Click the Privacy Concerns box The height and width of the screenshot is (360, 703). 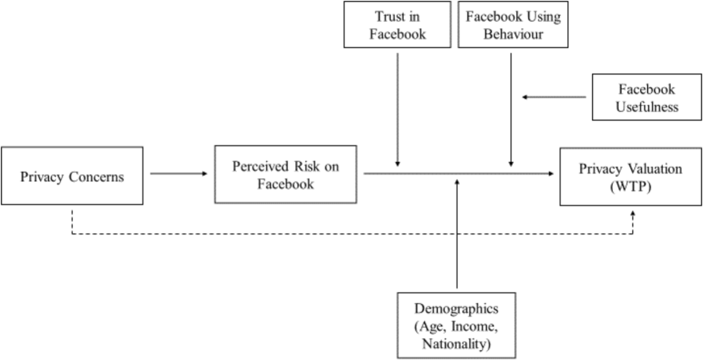click(x=72, y=175)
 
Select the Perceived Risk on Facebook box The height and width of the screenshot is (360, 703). click(x=285, y=174)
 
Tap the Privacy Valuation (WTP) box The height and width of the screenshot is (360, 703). click(x=630, y=177)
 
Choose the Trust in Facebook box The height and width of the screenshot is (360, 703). click(x=397, y=24)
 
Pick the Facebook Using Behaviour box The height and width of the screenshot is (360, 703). click(x=513, y=24)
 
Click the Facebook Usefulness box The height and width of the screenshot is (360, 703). click(x=647, y=97)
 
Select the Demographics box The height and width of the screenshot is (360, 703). click(x=456, y=325)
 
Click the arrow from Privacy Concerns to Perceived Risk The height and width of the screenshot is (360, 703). click(x=179, y=173)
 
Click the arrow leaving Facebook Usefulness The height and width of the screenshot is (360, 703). click(x=554, y=97)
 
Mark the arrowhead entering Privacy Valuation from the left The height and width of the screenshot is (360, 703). click(x=551, y=174)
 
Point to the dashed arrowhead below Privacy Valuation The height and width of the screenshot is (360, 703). click(x=633, y=214)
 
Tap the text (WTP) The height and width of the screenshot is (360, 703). click(x=630, y=187)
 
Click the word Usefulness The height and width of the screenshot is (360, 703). click(x=647, y=107)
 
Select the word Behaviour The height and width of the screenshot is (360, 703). click(x=513, y=34)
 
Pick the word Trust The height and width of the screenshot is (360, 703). click(x=387, y=17)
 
